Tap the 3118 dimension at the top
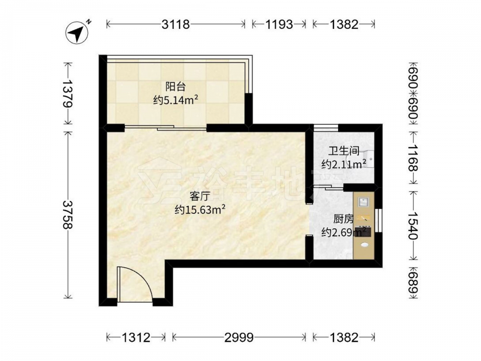coord(176,24)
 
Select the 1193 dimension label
coord(279,24)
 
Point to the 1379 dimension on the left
coord(68,94)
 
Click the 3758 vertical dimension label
coord(68,215)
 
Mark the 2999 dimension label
coord(239,338)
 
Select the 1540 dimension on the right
coord(414,226)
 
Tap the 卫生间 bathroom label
coord(343,151)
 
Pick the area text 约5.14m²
coord(176,100)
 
